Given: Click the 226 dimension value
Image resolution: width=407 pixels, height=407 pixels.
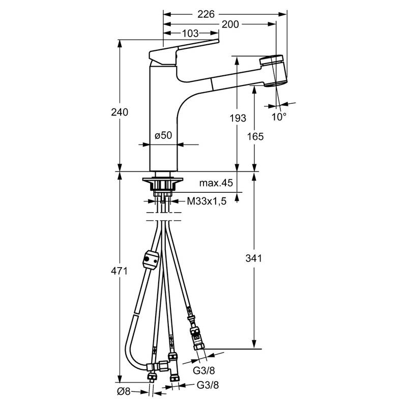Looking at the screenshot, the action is point(206,14).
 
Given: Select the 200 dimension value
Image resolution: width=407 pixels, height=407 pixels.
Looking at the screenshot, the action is point(230,24).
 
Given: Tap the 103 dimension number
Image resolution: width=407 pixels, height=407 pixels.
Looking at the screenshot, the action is point(190,33).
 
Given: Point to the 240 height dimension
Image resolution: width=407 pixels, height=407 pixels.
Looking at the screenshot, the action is point(120,112).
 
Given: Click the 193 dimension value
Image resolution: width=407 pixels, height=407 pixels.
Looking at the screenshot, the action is point(238,118).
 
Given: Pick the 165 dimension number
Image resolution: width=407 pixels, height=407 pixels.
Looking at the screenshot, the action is point(255,136).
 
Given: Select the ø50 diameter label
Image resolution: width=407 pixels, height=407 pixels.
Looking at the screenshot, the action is point(163,135).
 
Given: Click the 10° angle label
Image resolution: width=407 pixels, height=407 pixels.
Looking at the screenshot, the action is point(279,117).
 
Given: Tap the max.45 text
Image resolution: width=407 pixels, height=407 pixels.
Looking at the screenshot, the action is point(216,183).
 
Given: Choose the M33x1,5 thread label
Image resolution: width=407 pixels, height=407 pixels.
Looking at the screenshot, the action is point(207,201).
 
